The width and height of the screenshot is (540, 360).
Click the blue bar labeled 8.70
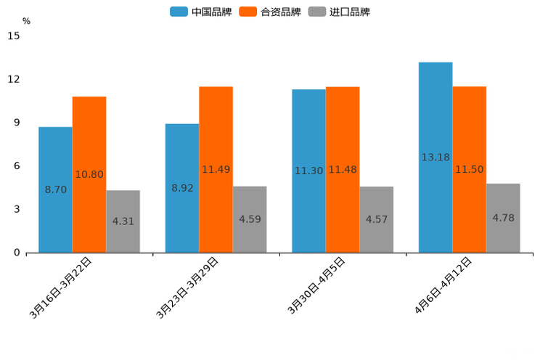[x=55, y=189]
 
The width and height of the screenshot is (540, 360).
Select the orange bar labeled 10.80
[x=89, y=174]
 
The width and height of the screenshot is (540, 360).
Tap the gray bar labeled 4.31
[x=123, y=221]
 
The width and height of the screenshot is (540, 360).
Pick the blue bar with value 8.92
[x=182, y=188]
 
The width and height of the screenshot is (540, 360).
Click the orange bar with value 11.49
[x=216, y=169]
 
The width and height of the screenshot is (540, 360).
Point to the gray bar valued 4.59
[x=250, y=219]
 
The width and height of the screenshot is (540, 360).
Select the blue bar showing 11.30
[x=308, y=171]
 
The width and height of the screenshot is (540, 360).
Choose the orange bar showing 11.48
[x=343, y=169]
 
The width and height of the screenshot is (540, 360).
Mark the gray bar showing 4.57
[x=376, y=219]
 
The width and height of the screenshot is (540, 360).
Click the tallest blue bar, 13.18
[x=435, y=157]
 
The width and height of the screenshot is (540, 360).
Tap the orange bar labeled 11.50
[x=469, y=169]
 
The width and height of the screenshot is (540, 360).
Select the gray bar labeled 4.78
[x=503, y=218]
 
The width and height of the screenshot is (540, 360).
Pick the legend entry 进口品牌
[x=339, y=12]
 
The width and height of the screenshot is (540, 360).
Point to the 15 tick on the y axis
[x=14, y=36]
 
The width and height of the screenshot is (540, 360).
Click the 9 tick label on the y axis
[x=17, y=123]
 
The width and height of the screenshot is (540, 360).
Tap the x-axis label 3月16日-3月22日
[x=61, y=287]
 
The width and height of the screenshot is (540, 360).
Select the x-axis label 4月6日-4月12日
[x=443, y=285]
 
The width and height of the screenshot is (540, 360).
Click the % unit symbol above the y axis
[x=26, y=21]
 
